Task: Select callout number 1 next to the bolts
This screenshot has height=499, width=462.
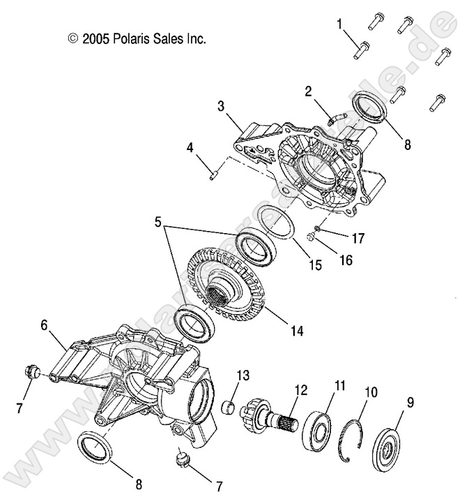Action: click(x=340, y=25)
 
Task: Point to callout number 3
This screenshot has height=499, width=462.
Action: click(x=220, y=106)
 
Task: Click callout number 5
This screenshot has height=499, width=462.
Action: click(x=160, y=224)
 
